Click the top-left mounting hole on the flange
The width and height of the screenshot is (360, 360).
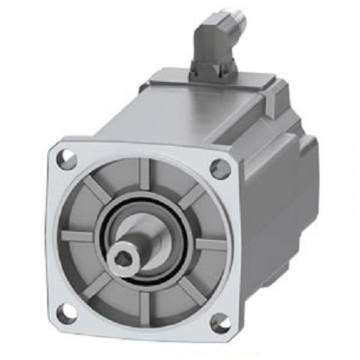[68, 159]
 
